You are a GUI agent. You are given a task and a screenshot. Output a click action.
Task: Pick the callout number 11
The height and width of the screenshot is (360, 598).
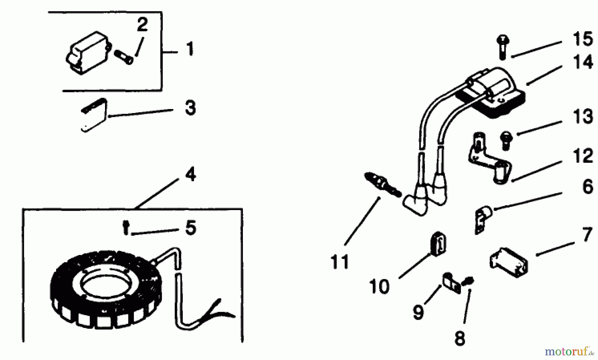point(340,262)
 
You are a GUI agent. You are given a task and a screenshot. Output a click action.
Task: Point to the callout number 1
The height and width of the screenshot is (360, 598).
point(189,49)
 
